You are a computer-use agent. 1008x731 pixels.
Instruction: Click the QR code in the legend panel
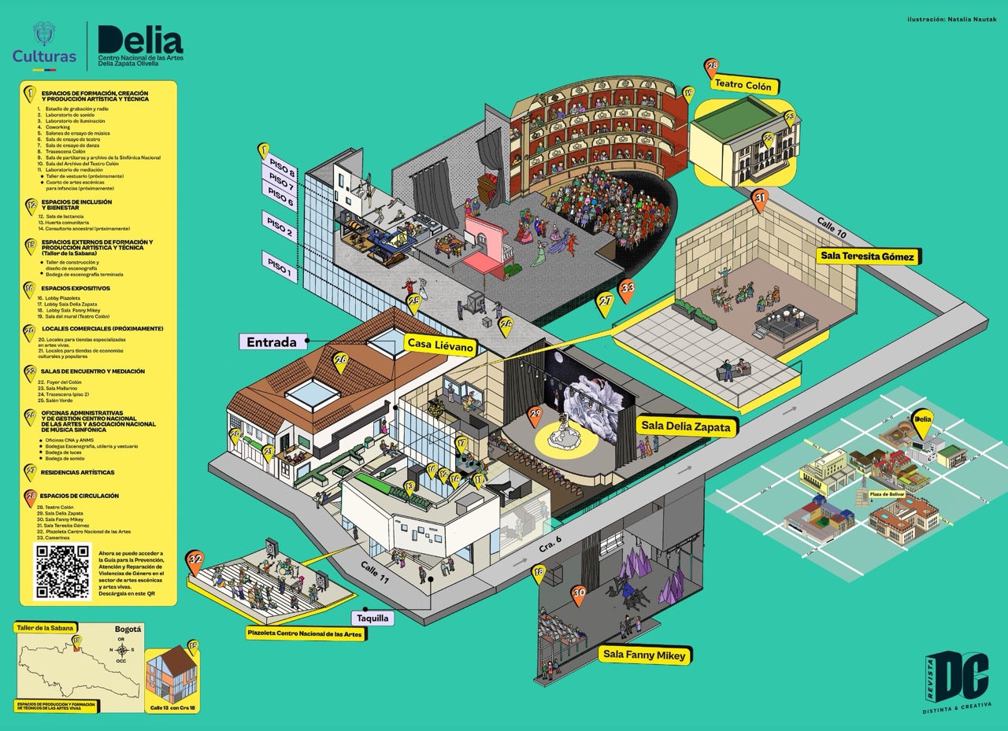pos(63,570)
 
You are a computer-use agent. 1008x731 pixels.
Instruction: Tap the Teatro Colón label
pos(743,85)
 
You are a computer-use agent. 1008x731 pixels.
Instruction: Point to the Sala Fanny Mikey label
pos(645,655)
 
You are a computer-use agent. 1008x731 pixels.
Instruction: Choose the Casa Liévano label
pos(440,344)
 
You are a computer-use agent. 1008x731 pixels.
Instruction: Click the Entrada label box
pos(271,342)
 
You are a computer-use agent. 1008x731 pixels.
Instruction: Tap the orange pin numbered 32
pos(195,561)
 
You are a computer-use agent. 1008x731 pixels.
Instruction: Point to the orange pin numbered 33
pos(627,289)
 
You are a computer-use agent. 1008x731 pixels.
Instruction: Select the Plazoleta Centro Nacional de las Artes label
pos(304,634)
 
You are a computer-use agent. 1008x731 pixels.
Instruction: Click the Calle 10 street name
pos(831,226)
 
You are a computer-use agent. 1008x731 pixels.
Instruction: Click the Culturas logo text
pos(44,56)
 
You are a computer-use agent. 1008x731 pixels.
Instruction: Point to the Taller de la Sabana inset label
pos(45,627)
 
